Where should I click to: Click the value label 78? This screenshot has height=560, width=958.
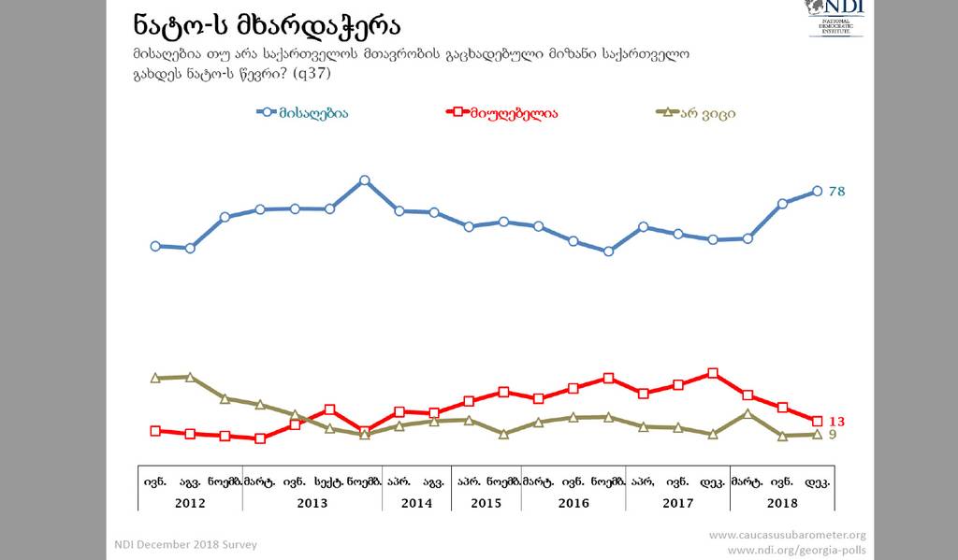tap(837, 191)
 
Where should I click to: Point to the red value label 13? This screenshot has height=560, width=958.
tap(837, 422)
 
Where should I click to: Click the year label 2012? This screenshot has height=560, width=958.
tap(190, 502)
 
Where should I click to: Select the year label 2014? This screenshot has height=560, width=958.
tap(416, 502)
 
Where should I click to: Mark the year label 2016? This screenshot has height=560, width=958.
tap(573, 502)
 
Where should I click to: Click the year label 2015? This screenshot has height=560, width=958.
tap(486, 502)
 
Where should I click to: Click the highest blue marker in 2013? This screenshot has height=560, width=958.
tap(365, 179)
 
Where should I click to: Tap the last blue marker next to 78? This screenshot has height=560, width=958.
tap(818, 191)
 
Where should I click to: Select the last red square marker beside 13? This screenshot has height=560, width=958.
tap(818, 422)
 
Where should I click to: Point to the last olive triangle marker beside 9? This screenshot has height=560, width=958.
tap(818, 434)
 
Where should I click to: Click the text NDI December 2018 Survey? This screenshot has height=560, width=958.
tap(185, 544)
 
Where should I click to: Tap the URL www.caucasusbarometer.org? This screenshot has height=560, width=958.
tap(787, 536)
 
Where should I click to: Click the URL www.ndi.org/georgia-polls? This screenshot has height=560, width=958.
tap(796, 550)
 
